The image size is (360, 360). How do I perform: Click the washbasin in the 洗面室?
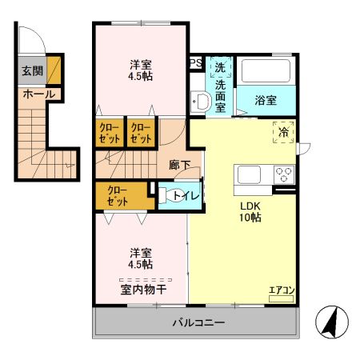(x=200, y=102)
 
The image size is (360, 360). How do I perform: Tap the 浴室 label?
(x=266, y=101)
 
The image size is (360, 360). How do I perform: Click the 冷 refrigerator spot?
(x=282, y=133)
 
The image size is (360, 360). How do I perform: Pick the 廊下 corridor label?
(x=180, y=166)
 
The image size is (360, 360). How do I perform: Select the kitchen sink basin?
(x=246, y=174)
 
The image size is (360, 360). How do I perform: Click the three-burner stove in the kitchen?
(x=284, y=174)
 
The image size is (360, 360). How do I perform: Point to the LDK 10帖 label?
(x=251, y=210)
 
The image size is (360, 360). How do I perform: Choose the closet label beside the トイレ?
(x=118, y=195)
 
